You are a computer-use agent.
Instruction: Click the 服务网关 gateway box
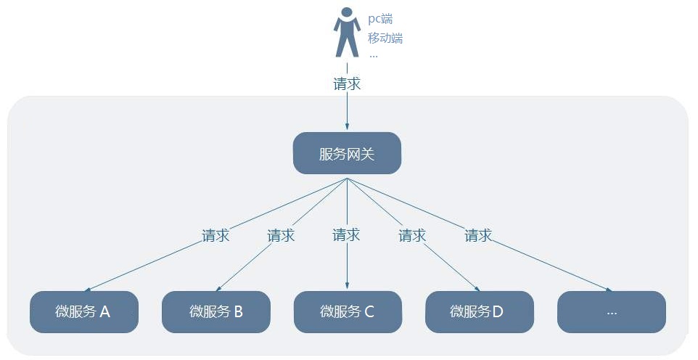pos(347,153)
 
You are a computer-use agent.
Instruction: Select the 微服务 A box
pos(83,312)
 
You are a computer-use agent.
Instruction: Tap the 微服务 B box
pos(215,312)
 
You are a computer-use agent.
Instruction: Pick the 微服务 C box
pos(347,312)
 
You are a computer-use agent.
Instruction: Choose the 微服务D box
pos(479,312)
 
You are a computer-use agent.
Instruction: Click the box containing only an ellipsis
pos(611,312)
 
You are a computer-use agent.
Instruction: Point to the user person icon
pos(347,33)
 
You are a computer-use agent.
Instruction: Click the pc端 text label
pos(379,20)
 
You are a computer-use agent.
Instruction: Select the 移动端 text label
pos(385,38)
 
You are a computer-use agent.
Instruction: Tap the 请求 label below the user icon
pos(347,83)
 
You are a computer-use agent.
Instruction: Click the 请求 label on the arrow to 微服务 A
pos(215,235)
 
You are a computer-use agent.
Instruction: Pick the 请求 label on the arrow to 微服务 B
pos(281,235)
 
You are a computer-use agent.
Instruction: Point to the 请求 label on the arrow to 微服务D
pos(412,235)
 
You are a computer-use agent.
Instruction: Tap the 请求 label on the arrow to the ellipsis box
pos(478,235)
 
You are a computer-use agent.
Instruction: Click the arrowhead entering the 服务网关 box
pos(347,128)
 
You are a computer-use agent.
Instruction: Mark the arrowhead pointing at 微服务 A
pos(90,289)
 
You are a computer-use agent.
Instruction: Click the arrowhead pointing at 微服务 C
pos(347,287)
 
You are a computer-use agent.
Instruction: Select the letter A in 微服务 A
pos(104,312)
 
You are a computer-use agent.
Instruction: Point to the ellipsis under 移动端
pos(373,54)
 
